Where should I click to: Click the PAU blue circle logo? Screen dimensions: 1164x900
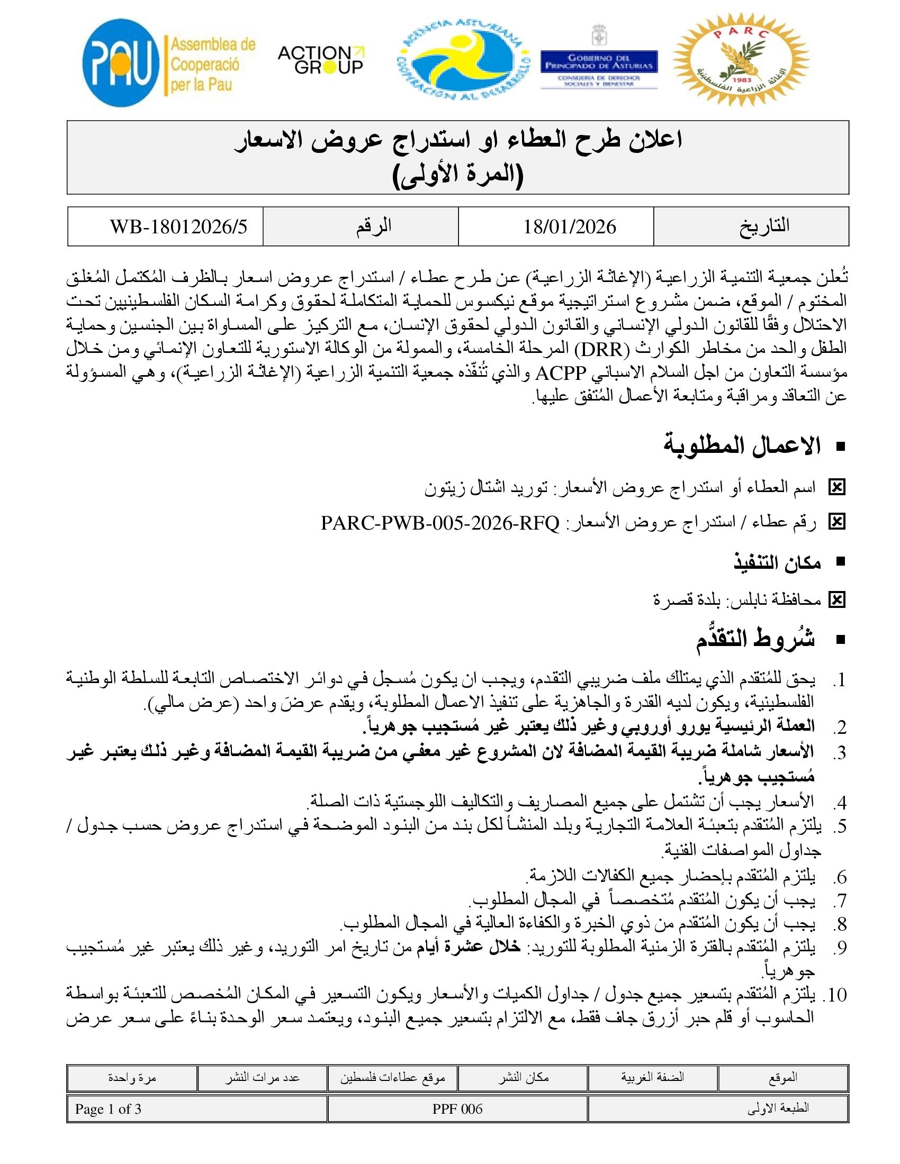(x=121, y=63)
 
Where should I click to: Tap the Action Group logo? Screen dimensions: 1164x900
(x=320, y=59)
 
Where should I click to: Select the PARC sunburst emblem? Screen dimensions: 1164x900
(x=741, y=60)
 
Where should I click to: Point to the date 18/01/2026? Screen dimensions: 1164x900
(x=569, y=227)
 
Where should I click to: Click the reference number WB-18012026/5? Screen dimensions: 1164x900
(x=178, y=227)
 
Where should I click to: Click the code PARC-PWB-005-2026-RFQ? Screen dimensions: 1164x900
(x=440, y=523)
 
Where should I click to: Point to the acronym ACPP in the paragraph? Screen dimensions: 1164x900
(x=561, y=372)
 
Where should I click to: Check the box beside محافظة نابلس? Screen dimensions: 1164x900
(x=836, y=600)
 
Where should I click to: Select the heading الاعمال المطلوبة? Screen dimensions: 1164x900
(x=742, y=445)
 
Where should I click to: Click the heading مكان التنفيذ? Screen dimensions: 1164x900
(x=777, y=562)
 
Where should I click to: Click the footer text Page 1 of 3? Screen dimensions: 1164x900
(x=108, y=1109)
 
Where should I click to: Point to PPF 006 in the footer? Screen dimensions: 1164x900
(x=457, y=1109)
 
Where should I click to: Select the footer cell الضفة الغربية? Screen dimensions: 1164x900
(x=652, y=1077)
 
